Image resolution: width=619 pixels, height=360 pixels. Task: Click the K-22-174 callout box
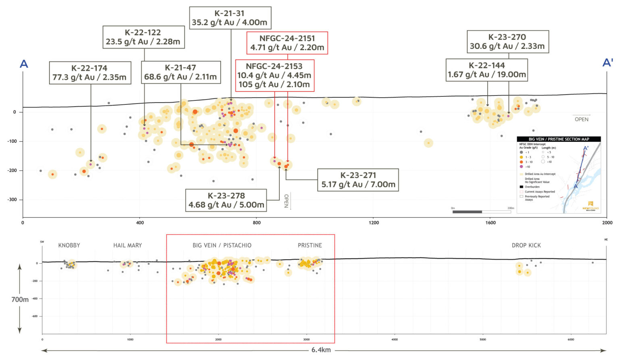(x=90, y=73)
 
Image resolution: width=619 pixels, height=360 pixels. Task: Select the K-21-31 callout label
(x=230, y=18)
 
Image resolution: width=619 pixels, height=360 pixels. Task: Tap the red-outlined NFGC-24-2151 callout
(x=287, y=43)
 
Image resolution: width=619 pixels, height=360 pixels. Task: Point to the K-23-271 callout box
(x=358, y=180)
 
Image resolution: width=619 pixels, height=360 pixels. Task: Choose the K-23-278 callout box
(x=226, y=200)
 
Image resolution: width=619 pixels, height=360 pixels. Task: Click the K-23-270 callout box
(x=507, y=42)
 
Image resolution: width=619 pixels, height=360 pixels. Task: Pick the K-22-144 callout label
(x=486, y=70)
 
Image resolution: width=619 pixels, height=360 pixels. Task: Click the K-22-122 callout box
(x=143, y=37)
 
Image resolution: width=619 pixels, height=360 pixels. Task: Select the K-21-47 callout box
(x=181, y=72)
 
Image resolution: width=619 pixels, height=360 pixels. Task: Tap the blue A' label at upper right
(x=607, y=63)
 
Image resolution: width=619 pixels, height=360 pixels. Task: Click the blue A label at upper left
(x=24, y=64)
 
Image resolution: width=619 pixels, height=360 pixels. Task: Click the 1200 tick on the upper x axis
(x=374, y=223)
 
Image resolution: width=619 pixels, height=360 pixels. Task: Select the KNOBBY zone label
(x=69, y=245)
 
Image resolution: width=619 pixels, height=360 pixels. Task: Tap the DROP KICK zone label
(x=526, y=245)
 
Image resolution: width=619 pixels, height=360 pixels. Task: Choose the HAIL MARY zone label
(x=127, y=245)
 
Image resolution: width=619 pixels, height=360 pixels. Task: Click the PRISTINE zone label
(x=309, y=245)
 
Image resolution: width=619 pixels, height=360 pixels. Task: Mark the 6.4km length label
(x=321, y=350)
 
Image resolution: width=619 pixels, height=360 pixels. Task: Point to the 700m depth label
(x=20, y=300)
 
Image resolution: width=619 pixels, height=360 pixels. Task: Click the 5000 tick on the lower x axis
(x=482, y=339)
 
